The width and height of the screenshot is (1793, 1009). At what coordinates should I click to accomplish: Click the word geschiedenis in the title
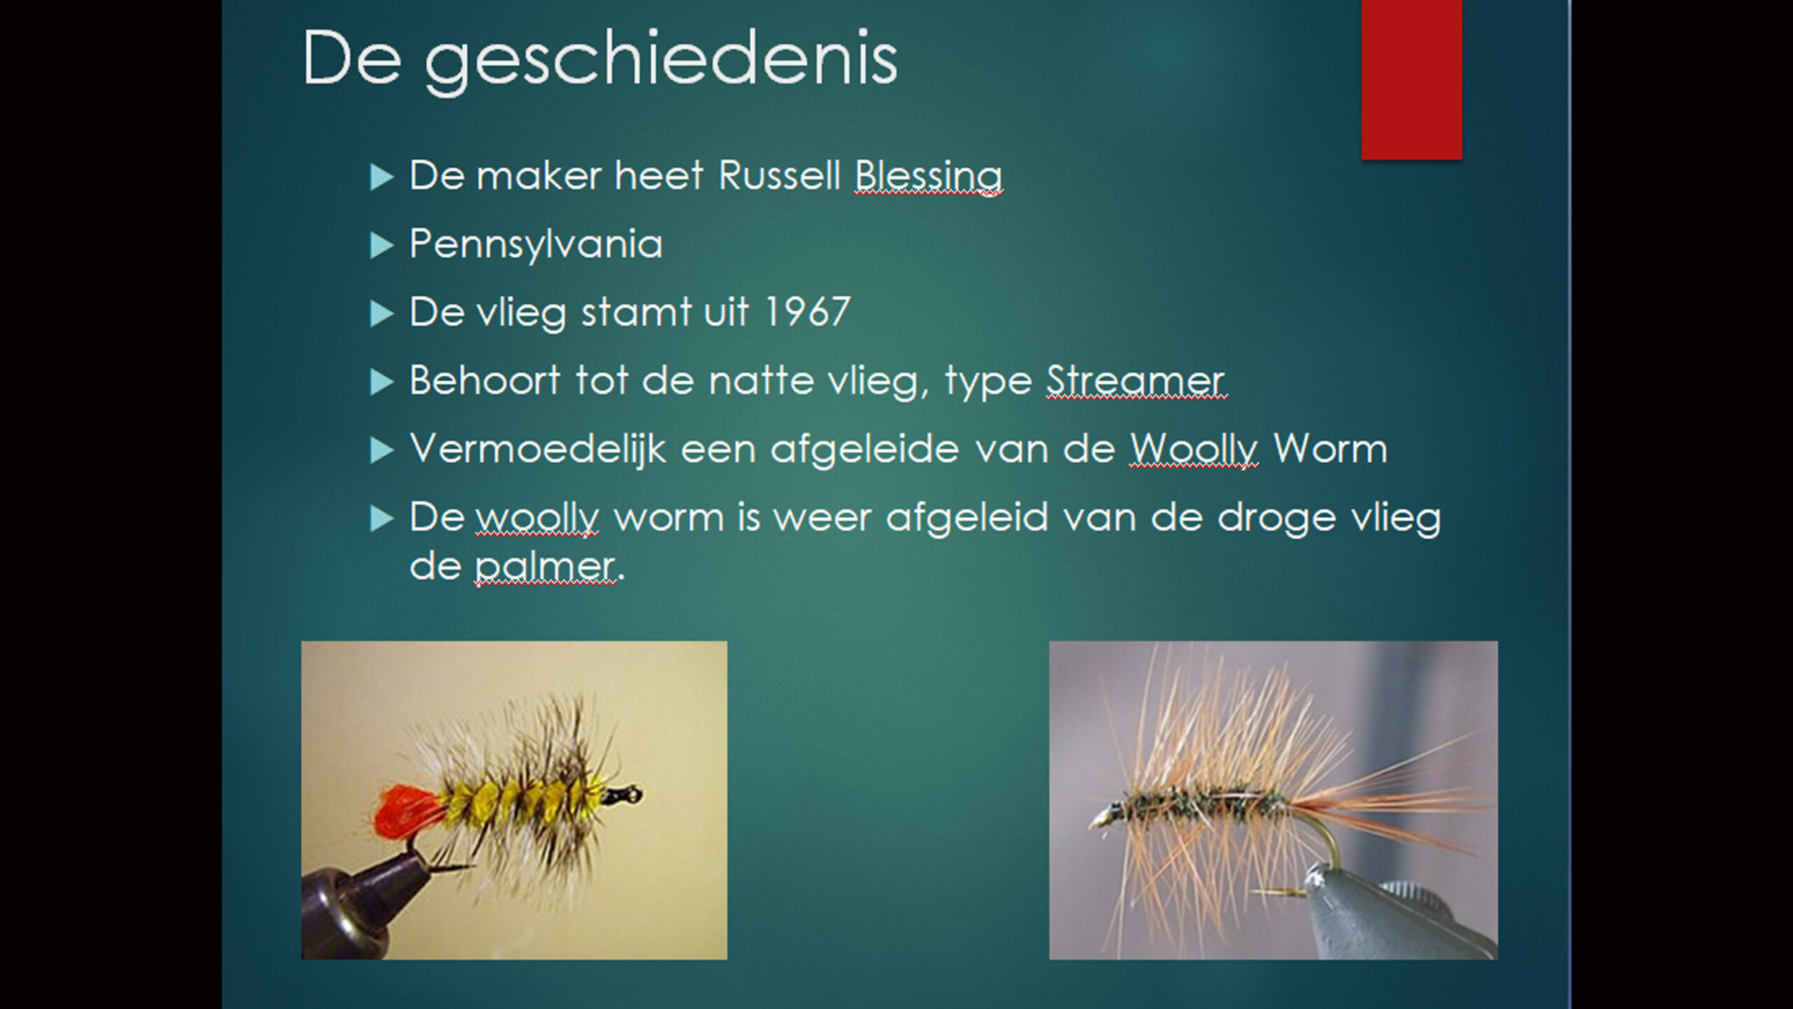click(661, 62)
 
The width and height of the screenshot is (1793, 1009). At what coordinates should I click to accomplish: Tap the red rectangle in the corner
click(1411, 79)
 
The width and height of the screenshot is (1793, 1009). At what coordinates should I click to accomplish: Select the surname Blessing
click(928, 176)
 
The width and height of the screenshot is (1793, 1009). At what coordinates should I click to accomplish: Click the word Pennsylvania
click(536, 245)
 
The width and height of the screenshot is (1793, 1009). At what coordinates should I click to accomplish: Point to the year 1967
click(807, 312)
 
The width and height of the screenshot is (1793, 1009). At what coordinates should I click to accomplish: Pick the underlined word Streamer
click(1135, 381)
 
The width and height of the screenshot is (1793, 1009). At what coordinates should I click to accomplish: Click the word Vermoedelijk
click(538, 449)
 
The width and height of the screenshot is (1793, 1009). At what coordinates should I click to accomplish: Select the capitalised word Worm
click(1329, 448)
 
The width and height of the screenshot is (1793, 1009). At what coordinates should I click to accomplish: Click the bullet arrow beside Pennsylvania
click(381, 246)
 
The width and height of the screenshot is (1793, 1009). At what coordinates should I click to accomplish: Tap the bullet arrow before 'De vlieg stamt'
click(381, 314)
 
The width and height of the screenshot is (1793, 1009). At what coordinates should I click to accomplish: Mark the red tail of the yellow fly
click(407, 812)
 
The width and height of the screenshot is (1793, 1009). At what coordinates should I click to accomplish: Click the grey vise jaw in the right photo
click(1394, 917)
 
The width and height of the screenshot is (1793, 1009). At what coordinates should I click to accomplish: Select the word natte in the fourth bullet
click(761, 381)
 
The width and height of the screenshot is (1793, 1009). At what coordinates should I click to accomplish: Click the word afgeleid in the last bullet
click(967, 518)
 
